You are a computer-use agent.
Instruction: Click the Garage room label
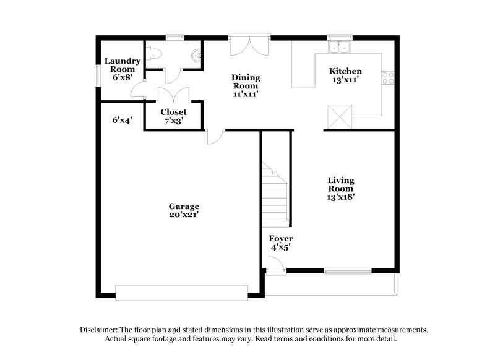(x=184, y=206)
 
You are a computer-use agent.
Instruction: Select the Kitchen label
(x=345, y=71)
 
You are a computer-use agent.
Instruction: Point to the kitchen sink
(x=340, y=47)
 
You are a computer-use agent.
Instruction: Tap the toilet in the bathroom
(x=155, y=54)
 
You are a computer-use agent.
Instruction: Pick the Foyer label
(x=280, y=238)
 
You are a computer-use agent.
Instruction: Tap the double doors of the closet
(x=173, y=96)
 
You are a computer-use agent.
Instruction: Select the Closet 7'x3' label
(x=173, y=116)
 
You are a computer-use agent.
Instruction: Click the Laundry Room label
(x=122, y=65)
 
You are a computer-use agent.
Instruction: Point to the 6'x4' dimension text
(x=122, y=121)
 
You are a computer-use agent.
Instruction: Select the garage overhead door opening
(x=181, y=291)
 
